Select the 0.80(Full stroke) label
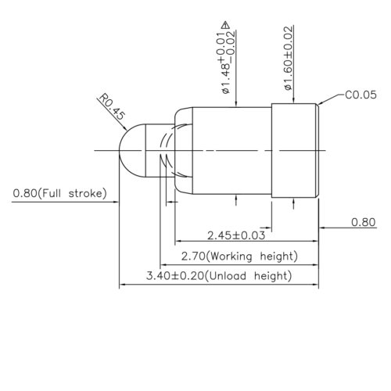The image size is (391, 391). coord(59,193)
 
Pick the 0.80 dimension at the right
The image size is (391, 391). coord(363,222)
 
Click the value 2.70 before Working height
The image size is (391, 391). coord(193,256)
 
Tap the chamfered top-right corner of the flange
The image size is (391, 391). coord(317,105)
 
